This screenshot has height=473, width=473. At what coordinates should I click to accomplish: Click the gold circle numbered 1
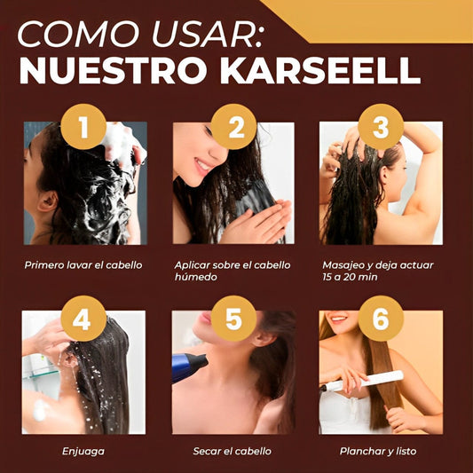84,127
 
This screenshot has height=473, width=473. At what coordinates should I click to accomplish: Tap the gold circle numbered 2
235,127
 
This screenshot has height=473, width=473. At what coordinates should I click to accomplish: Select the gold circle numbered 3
381,127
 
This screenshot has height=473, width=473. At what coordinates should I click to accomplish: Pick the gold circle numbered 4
82,318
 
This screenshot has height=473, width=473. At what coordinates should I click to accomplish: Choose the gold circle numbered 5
234,318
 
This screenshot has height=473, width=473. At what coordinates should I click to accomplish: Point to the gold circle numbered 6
381,318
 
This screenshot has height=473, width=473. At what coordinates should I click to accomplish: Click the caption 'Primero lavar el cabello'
83,264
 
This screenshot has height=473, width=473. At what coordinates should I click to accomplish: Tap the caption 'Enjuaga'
83,451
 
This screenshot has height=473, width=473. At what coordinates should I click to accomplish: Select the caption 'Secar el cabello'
233,451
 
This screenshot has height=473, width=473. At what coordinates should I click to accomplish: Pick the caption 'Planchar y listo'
377,451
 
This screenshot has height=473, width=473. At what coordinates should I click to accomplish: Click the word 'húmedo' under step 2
195,277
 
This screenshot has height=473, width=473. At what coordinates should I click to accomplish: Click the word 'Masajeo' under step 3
343,264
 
